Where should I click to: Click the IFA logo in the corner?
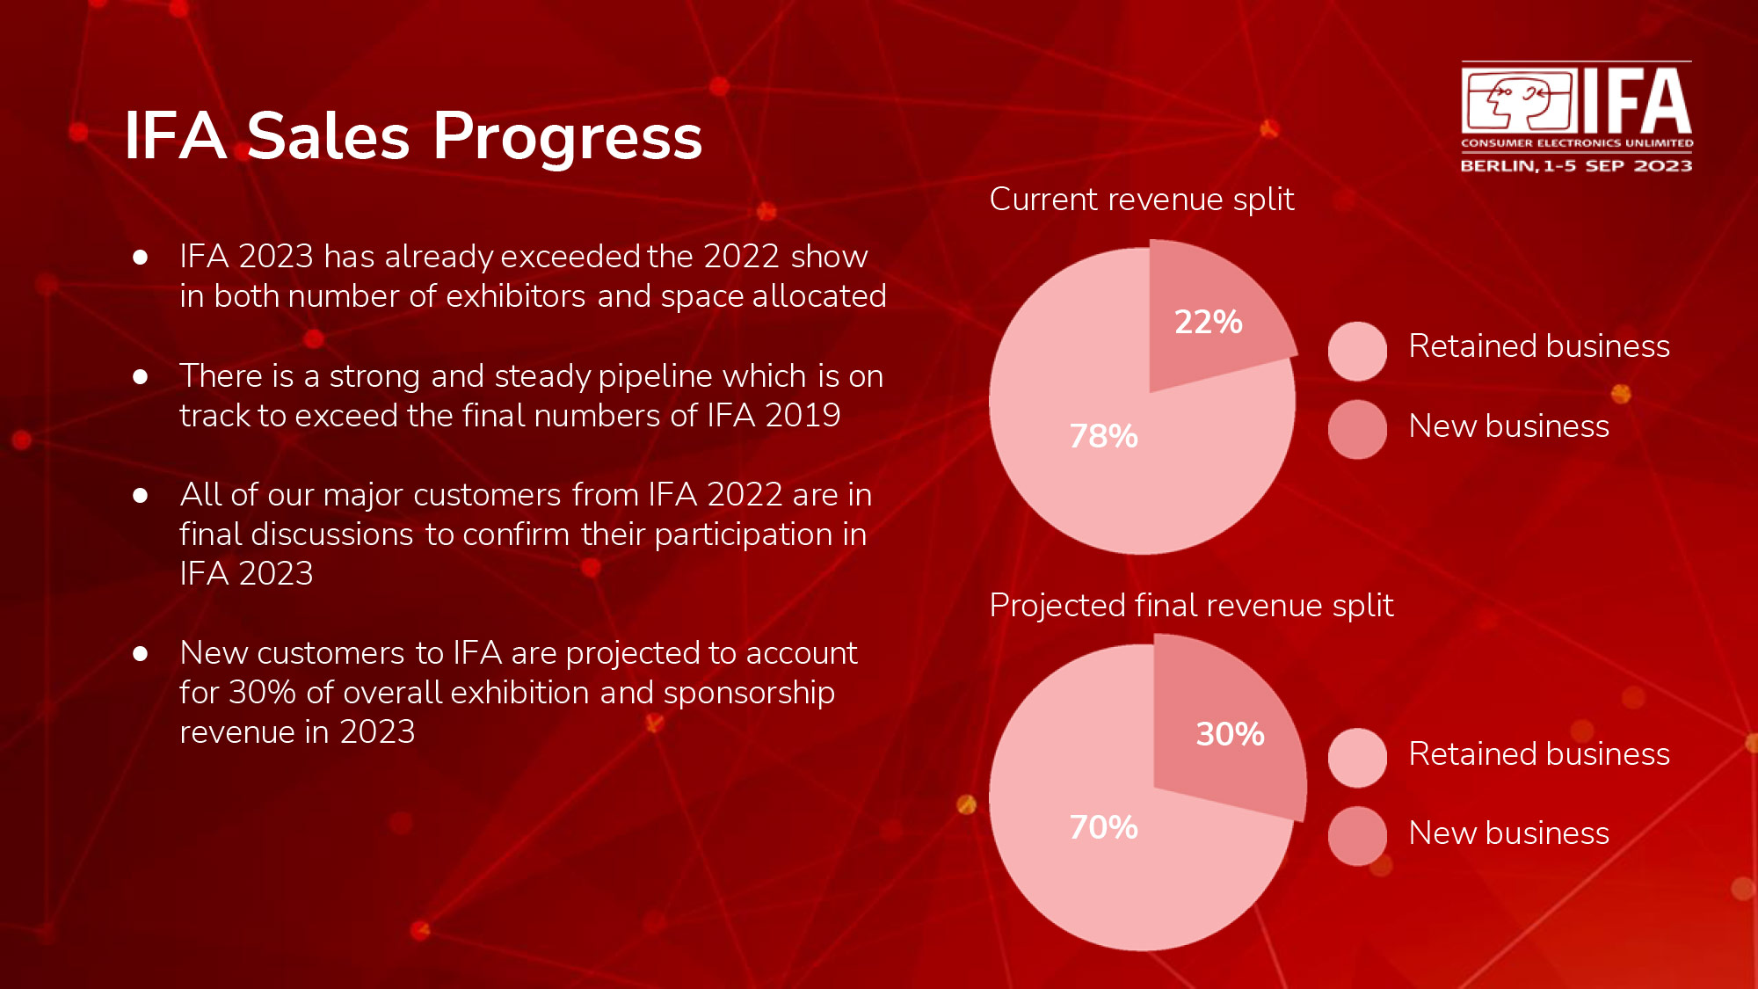(x=1576, y=117)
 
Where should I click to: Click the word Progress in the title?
(x=567, y=137)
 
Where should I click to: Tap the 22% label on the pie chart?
(x=1209, y=322)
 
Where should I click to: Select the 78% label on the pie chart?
(x=1103, y=436)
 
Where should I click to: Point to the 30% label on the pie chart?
(x=1230, y=734)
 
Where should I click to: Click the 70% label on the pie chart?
(x=1103, y=827)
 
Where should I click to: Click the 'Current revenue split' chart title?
(x=1142, y=200)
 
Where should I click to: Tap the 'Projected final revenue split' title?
(x=1191, y=607)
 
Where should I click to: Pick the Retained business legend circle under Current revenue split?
(x=1357, y=352)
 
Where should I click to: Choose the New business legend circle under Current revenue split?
(x=1357, y=430)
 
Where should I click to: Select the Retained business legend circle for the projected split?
(x=1357, y=758)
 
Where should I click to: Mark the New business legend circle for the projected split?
(x=1357, y=836)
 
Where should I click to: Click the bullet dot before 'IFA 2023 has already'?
(x=140, y=258)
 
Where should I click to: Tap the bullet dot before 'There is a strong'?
(x=140, y=377)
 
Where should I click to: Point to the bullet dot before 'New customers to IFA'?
(x=140, y=654)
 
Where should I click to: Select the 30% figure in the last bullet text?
(x=262, y=693)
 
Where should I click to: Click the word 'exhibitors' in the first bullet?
(x=516, y=296)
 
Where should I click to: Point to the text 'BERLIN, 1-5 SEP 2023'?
(x=1576, y=166)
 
